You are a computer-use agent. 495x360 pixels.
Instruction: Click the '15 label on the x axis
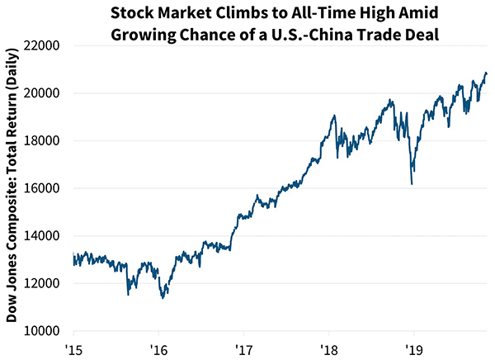coord(74,347)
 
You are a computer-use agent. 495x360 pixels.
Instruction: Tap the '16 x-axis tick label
coord(158,347)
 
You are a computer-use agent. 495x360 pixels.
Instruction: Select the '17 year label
coord(243,347)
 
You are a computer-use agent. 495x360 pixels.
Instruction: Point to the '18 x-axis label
coord(328,347)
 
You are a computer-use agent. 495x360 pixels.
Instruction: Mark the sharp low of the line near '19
coord(412,183)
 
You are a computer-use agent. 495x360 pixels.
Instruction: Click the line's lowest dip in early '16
coord(163,297)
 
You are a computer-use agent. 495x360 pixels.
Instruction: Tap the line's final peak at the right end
coord(485,73)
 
